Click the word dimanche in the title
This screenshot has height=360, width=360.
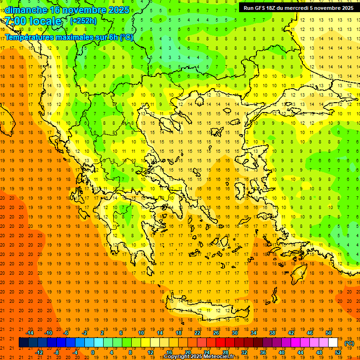pos(26,10)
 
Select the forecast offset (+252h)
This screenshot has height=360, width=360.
pos(83,21)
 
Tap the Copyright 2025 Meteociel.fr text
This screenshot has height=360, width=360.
pos(199,357)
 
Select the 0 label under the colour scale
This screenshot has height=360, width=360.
pos(93,352)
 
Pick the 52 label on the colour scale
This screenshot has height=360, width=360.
pos(338,352)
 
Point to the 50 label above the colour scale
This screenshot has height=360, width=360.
pos(329,333)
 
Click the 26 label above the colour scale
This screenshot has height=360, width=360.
pos(216,333)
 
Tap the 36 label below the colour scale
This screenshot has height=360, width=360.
pos(263,352)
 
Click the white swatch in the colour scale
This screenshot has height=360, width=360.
pos(333,343)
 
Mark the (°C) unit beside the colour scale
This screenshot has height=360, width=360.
pos(349,343)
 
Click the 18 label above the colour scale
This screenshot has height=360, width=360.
pos(179,333)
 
